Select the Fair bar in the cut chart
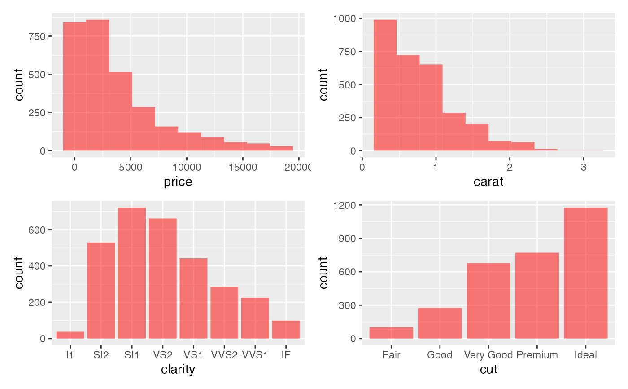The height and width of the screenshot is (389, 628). pos(391,333)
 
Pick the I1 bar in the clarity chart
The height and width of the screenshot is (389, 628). pos(70,335)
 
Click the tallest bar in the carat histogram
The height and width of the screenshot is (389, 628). pos(385,85)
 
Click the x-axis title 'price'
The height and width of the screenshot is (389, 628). pos(178,182)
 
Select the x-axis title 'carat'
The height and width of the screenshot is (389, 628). pos(488,182)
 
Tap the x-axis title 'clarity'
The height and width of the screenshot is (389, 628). pos(178,370)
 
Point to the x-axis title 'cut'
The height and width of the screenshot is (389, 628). pos(488,370)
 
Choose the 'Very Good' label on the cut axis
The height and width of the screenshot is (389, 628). pos(488,355)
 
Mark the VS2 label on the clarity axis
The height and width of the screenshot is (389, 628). pos(162,355)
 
